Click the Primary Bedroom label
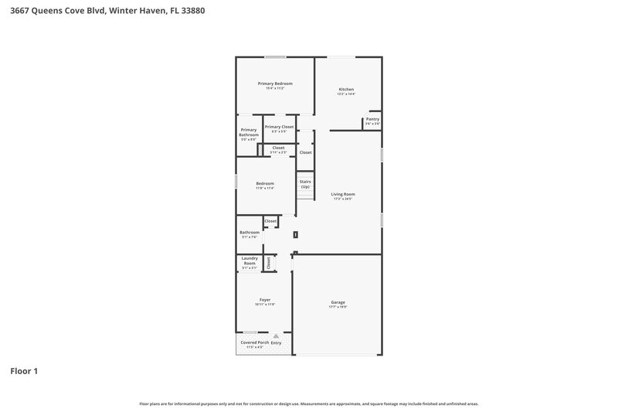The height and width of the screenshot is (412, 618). (x=275, y=83)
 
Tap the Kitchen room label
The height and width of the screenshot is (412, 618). (x=346, y=90)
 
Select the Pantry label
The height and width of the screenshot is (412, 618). (x=372, y=119)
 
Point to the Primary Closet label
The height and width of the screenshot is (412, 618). (x=279, y=127)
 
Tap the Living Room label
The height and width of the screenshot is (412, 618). (x=343, y=194)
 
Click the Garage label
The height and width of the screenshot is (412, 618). (x=338, y=302)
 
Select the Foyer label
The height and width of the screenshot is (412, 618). (x=265, y=300)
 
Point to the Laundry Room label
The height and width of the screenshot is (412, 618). (x=249, y=260)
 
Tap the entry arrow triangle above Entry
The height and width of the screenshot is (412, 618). (x=276, y=336)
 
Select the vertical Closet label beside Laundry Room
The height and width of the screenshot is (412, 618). (x=269, y=263)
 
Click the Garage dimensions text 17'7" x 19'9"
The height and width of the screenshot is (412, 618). (x=338, y=307)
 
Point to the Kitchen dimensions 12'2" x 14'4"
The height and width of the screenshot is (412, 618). (x=346, y=94)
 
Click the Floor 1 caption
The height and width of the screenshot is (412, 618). (x=24, y=371)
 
